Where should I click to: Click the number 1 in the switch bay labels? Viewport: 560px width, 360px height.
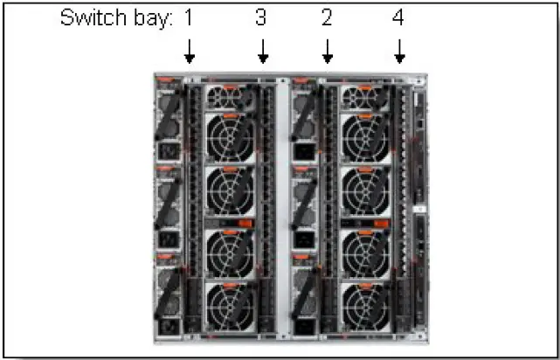click(190, 18)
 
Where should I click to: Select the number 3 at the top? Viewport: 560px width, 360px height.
click(261, 18)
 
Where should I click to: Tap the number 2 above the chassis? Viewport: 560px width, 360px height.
click(327, 18)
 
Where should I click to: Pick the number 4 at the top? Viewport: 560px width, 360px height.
click(398, 18)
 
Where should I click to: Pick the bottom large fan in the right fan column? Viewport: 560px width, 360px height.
click(367, 305)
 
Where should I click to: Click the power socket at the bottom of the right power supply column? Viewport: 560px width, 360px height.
click(303, 329)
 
